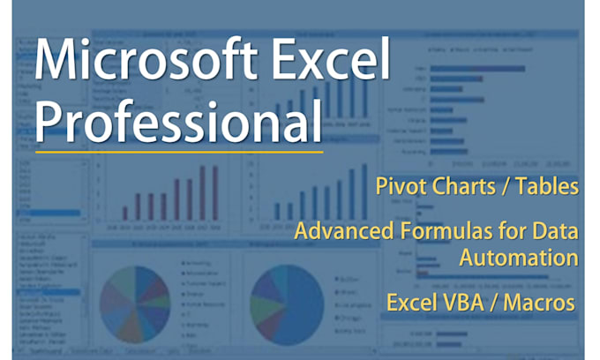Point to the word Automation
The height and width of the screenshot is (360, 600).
pos(518,259)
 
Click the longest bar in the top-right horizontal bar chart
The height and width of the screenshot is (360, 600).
pos(480,67)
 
